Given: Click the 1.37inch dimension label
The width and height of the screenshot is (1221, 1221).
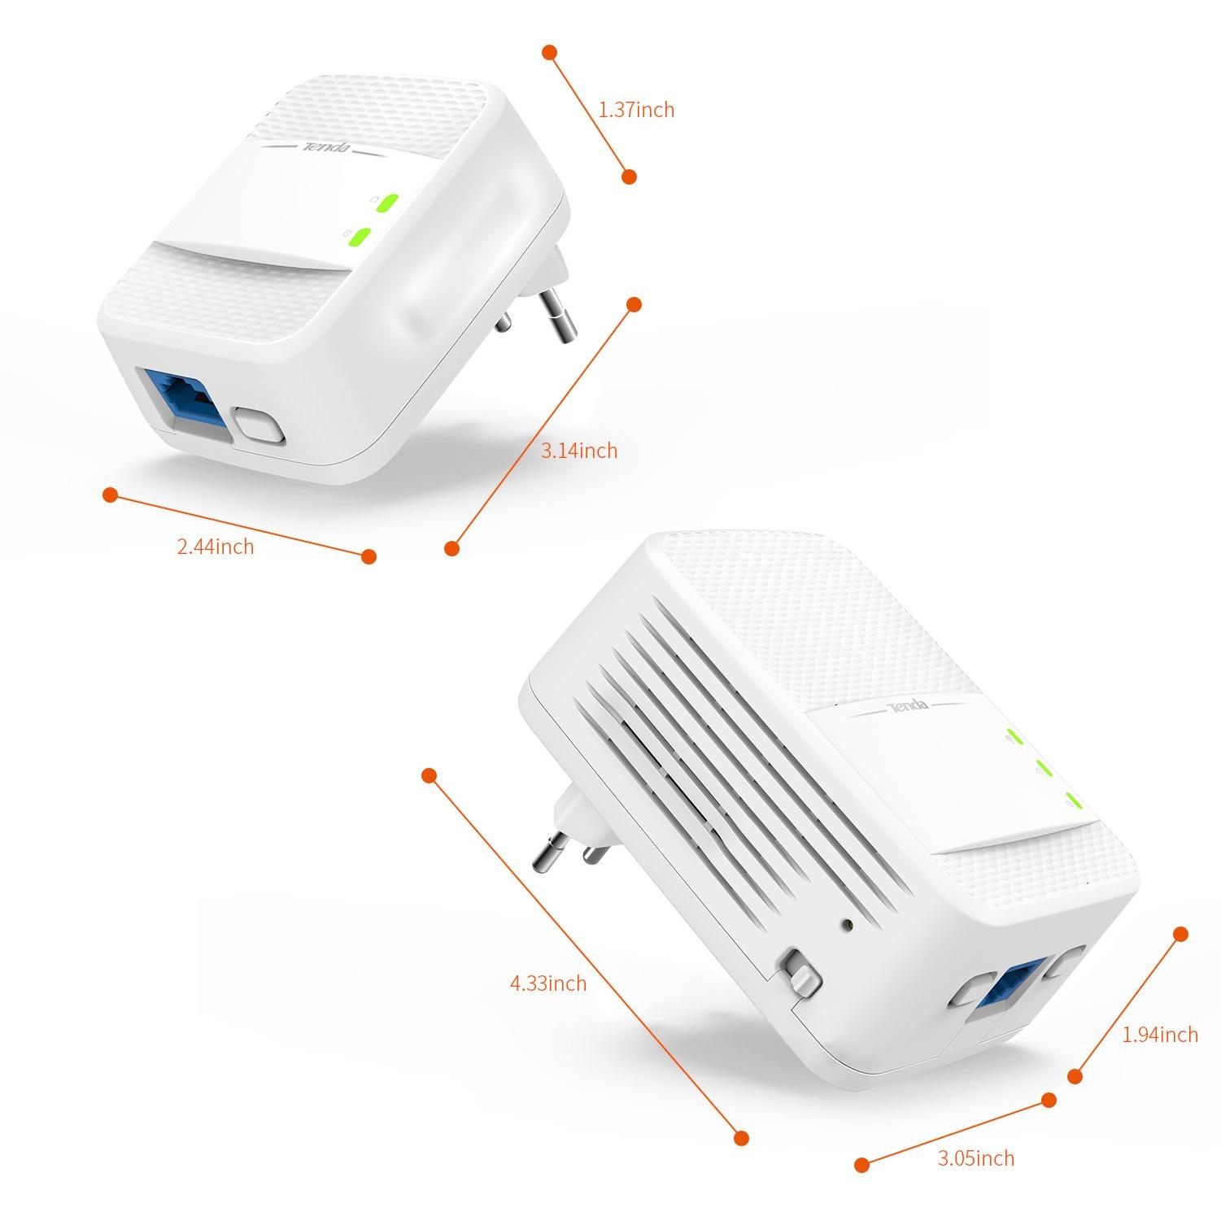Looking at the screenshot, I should [636, 109].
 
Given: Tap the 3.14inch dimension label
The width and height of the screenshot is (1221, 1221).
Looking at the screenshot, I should [579, 450].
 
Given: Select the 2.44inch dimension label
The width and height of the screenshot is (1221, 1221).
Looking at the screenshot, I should [216, 547].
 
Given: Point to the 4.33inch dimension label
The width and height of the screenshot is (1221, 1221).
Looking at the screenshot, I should [547, 983].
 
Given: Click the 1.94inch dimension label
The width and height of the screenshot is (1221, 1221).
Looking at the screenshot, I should [1159, 1034].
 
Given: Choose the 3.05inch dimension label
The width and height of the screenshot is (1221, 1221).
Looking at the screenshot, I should [975, 1158].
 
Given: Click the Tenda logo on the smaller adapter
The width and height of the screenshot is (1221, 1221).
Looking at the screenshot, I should [327, 147].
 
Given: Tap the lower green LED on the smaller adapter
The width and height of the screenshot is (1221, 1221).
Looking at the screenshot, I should [359, 237].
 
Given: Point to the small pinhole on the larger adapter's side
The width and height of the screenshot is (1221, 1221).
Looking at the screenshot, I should [848, 925].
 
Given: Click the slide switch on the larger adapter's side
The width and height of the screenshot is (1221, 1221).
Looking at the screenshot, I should [800, 975].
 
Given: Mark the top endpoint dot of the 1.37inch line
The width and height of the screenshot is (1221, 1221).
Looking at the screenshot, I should [550, 53].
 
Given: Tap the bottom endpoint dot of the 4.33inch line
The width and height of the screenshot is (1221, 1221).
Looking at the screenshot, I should [741, 1137].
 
